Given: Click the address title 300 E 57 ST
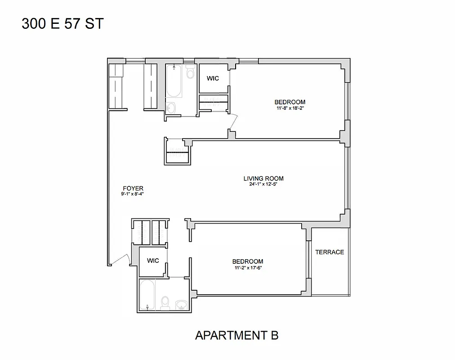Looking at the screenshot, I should click(62, 23).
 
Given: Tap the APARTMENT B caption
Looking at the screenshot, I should click(236, 335).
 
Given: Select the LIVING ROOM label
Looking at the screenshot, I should click(263, 178).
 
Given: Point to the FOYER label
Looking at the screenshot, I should click(133, 188).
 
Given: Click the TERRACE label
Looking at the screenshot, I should click(330, 252).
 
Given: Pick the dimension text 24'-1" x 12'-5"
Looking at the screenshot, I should click(263, 184).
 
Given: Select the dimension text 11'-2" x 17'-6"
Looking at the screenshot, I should click(248, 268).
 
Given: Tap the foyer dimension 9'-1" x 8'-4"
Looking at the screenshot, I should click(132, 194).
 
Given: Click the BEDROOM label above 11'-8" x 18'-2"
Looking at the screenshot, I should click(290, 102).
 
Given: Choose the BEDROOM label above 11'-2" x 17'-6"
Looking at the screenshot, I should click(248, 261).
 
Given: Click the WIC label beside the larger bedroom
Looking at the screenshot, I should click(213, 78).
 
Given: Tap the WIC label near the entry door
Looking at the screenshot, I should click(153, 261).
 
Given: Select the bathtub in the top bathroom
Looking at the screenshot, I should click(174, 81).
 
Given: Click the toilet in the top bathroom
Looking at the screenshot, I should click(190, 72).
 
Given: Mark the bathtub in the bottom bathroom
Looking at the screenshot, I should click(147, 295).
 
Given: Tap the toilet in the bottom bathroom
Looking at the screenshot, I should click(165, 302).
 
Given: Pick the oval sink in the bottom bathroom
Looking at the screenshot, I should click(182, 305).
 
